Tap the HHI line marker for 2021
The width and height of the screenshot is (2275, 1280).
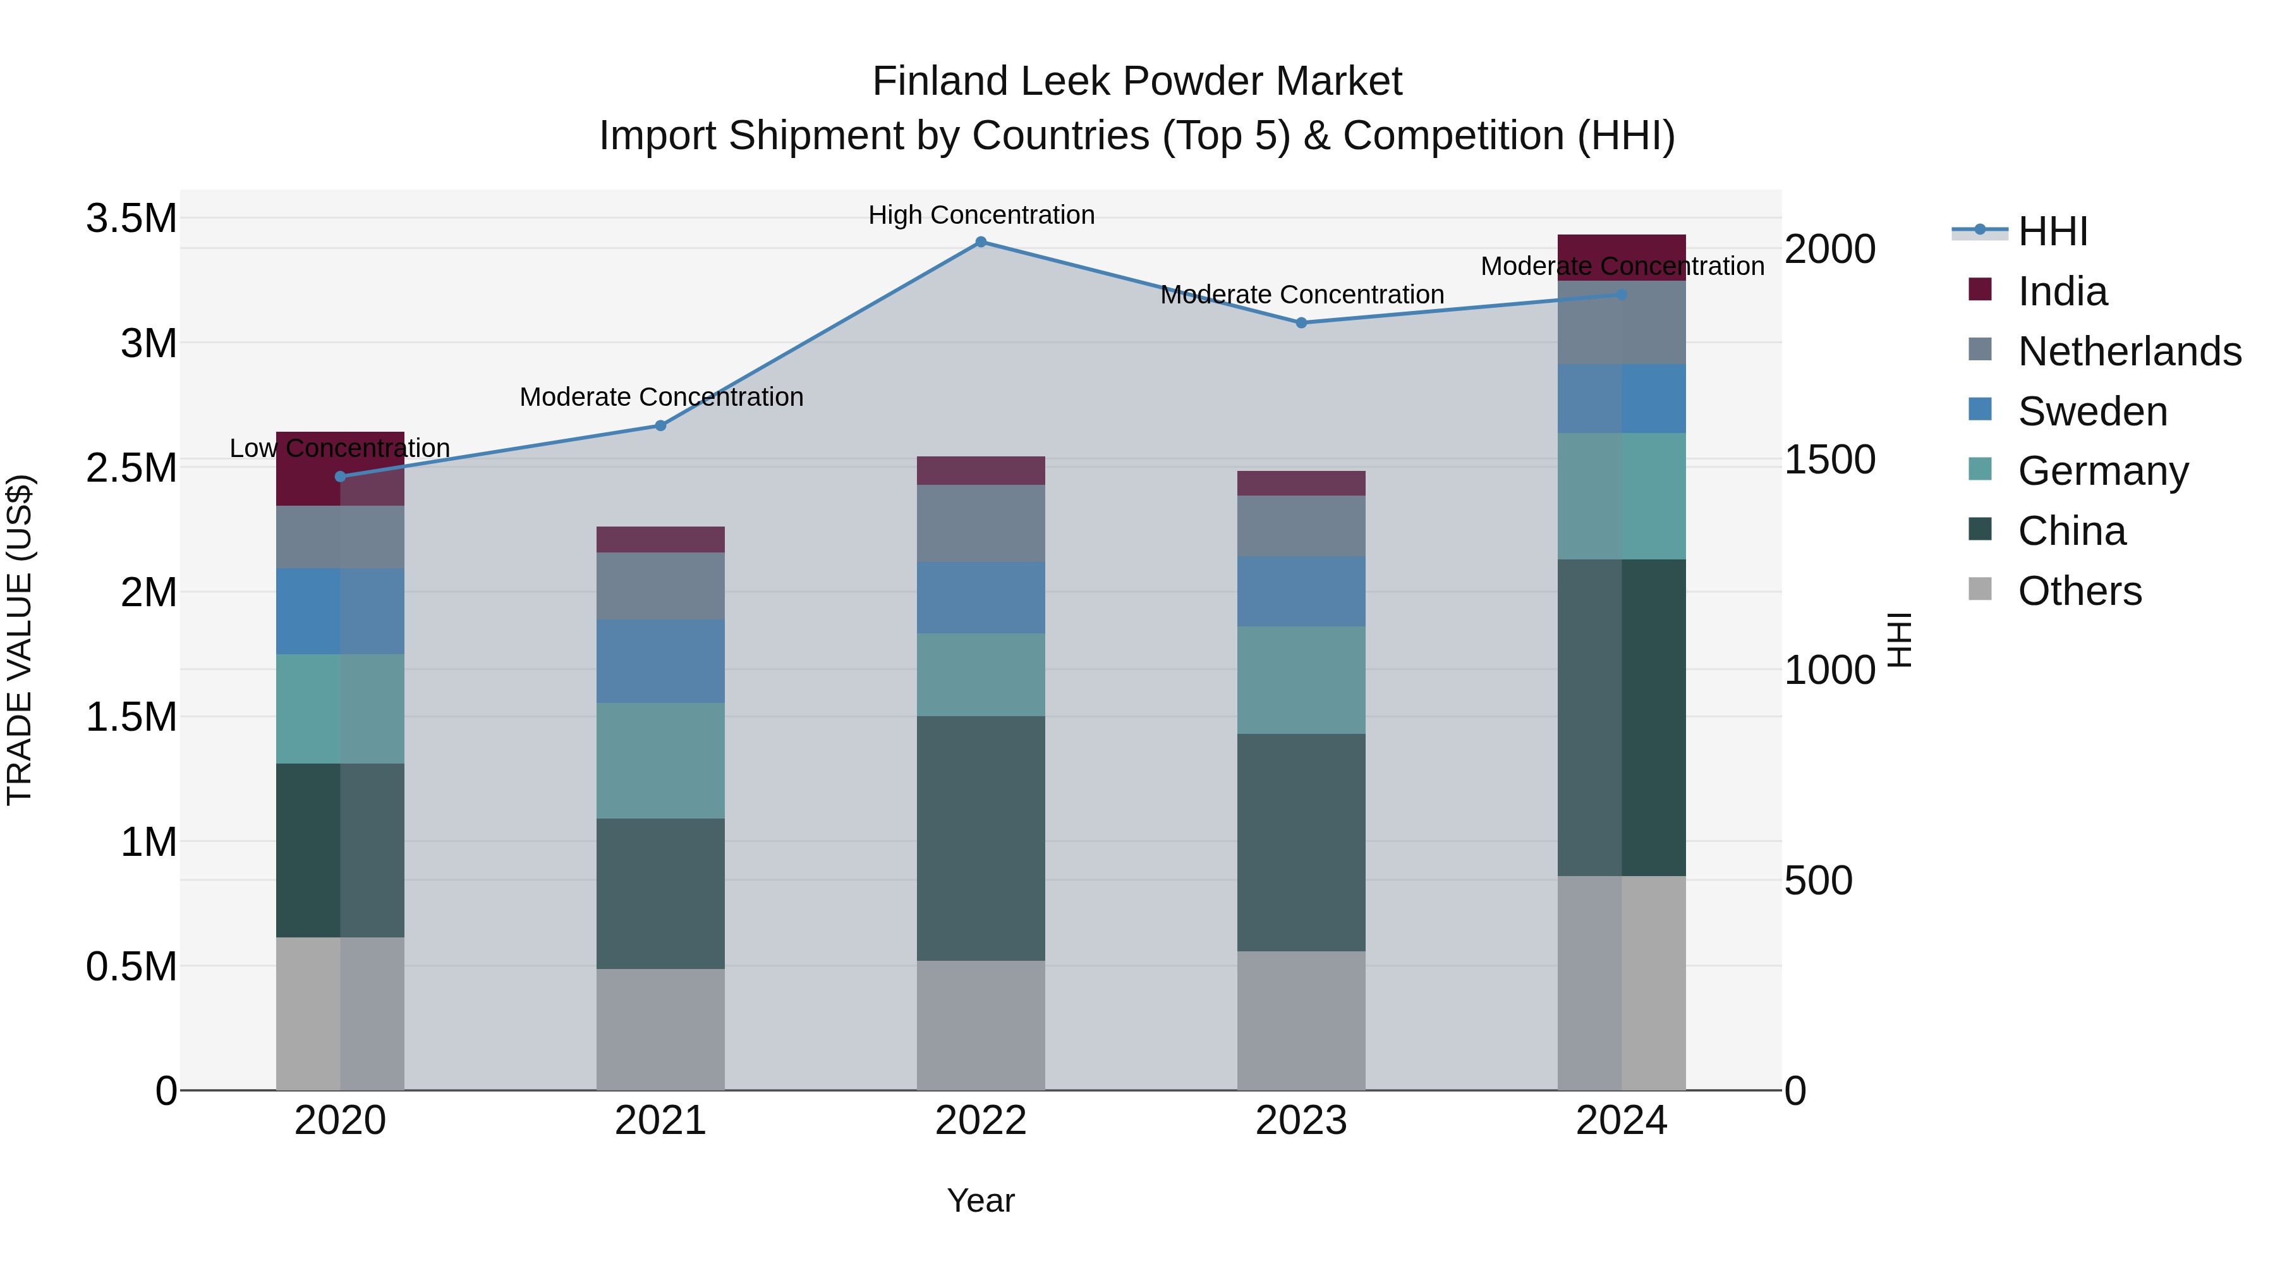660,426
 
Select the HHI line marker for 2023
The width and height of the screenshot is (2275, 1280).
1301,323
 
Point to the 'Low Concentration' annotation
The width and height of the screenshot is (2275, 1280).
339,449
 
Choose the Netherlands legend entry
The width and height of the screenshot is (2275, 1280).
2128,351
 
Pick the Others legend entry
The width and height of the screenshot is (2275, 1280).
2079,591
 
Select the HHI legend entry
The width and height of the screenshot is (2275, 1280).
2053,231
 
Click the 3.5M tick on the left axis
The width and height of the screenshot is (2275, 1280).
131,218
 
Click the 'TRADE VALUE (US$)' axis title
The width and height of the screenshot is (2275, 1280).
20,640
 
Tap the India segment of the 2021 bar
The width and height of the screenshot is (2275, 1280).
660,540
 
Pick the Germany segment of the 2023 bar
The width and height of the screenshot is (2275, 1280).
1301,680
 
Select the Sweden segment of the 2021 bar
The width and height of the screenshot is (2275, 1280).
660,662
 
